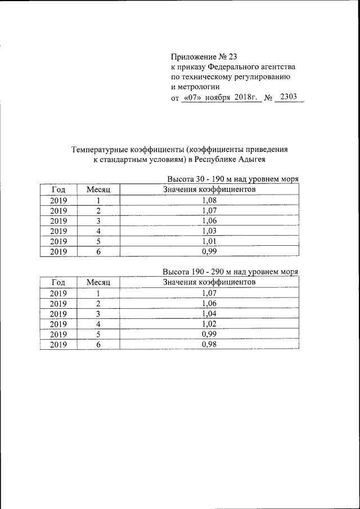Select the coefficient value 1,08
pyautogui.click(x=209, y=200)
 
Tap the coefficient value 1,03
pyautogui.click(x=209, y=231)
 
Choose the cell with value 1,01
pyautogui.click(x=209, y=241)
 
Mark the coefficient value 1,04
pyautogui.click(x=209, y=313)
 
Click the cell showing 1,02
pyautogui.click(x=209, y=323)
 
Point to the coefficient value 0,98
pyautogui.click(x=209, y=344)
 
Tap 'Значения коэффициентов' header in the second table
pyautogui.click(x=209, y=281)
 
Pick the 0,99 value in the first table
pyautogui.click(x=209, y=251)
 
